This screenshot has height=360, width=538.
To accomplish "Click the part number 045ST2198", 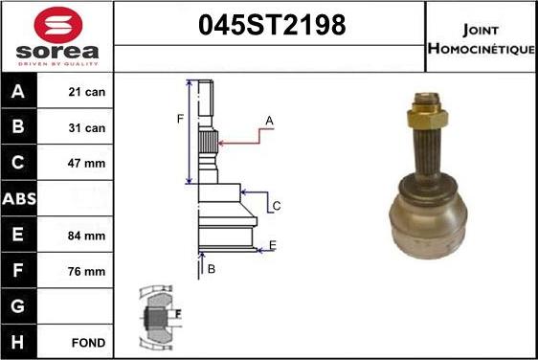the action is [272, 25].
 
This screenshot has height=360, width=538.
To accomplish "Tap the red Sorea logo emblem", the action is [58, 25].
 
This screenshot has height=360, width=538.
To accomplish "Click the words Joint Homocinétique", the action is [482, 39].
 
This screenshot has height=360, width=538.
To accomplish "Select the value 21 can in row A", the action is [86, 92].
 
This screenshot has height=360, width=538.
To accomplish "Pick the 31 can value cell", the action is [86, 128].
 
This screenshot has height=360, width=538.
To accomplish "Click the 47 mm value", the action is [86, 164].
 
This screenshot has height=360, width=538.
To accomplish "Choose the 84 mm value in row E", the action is [86, 236].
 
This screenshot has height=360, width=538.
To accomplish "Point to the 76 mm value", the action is [86, 272].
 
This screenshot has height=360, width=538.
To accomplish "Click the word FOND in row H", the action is [88, 343].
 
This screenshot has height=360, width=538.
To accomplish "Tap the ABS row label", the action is [19, 199].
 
